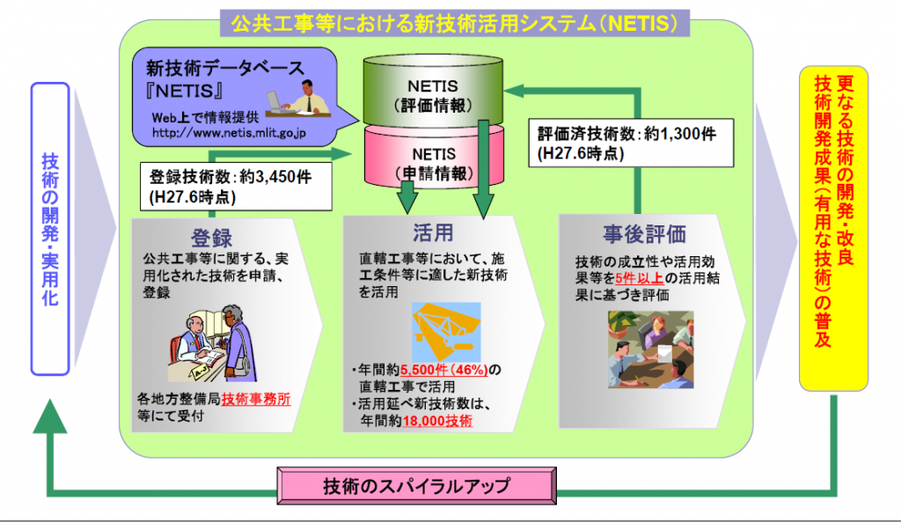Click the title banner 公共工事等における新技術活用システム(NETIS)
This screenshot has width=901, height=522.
(x=455, y=23)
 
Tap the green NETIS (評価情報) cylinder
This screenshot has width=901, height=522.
(x=433, y=91)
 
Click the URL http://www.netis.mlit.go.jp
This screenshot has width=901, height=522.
(x=229, y=133)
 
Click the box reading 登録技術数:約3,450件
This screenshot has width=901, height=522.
(x=236, y=187)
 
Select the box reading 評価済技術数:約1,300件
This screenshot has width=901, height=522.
(x=631, y=143)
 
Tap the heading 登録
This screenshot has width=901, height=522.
(x=211, y=238)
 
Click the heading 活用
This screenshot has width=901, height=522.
(x=433, y=232)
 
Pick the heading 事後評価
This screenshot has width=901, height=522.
(x=644, y=234)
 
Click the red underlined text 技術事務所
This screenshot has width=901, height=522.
(x=256, y=399)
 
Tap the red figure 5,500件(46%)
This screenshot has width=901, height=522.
(x=443, y=370)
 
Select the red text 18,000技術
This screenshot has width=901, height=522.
(x=437, y=421)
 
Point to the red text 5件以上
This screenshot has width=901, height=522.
(x=640, y=279)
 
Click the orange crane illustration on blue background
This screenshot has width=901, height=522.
(x=446, y=332)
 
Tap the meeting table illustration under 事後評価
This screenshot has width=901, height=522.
(x=650, y=349)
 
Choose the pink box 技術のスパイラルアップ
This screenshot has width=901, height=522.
(x=416, y=486)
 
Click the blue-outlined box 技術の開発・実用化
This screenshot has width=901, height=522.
(x=50, y=229)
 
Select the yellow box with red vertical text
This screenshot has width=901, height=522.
(x=833, y=228)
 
